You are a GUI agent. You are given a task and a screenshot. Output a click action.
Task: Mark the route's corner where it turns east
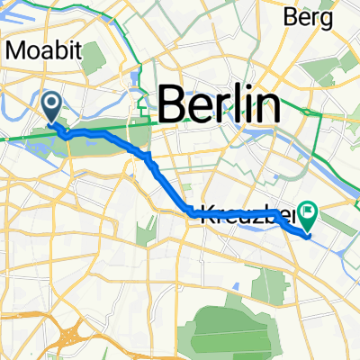click(x=190, y=212)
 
